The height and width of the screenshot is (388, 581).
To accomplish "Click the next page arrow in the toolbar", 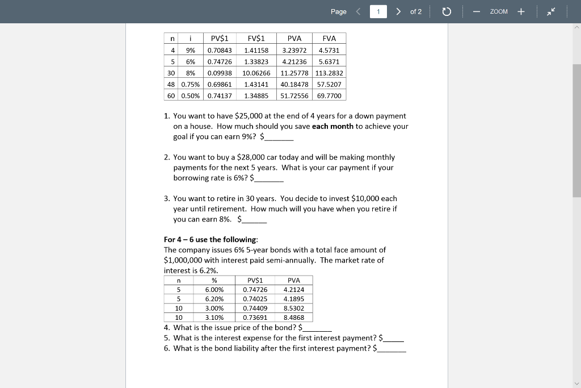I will (399, 11).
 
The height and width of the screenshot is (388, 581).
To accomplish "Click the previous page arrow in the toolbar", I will (358, 11).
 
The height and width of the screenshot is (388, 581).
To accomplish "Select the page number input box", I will (378, 11).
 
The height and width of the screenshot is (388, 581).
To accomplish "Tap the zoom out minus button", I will (478, 11).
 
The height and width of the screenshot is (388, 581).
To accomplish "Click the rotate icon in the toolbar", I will (446, 11).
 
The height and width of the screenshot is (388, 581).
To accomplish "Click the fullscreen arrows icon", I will (551, 11).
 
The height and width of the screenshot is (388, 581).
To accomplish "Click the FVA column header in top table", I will (329, 39).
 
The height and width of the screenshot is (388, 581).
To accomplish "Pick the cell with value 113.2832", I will (329, 73).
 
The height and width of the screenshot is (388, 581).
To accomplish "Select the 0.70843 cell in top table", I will (220, 51).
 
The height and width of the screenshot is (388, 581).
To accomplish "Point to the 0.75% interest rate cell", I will (191, 84).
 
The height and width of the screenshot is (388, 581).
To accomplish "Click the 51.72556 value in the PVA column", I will (294, 95).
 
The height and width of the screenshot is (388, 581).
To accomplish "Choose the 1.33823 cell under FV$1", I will (256, 62).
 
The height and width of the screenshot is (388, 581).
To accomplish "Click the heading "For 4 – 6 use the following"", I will (210, 239).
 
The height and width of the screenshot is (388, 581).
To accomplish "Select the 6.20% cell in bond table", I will (214, 299).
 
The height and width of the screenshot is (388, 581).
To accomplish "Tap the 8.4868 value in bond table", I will (293, 318).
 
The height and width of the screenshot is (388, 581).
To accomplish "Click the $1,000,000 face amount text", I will (186, 260).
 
